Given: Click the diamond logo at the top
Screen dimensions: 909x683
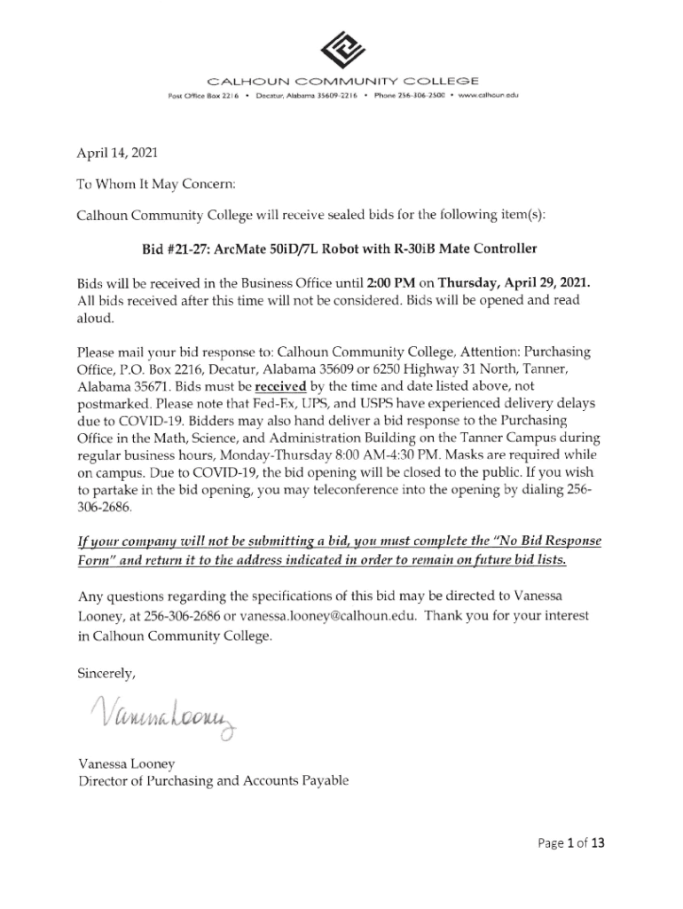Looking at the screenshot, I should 341,50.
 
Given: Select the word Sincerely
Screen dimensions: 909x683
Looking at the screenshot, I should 107,673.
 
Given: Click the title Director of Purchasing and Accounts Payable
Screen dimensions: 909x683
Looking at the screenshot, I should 214,780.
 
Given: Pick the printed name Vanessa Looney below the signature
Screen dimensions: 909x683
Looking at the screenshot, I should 126,763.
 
